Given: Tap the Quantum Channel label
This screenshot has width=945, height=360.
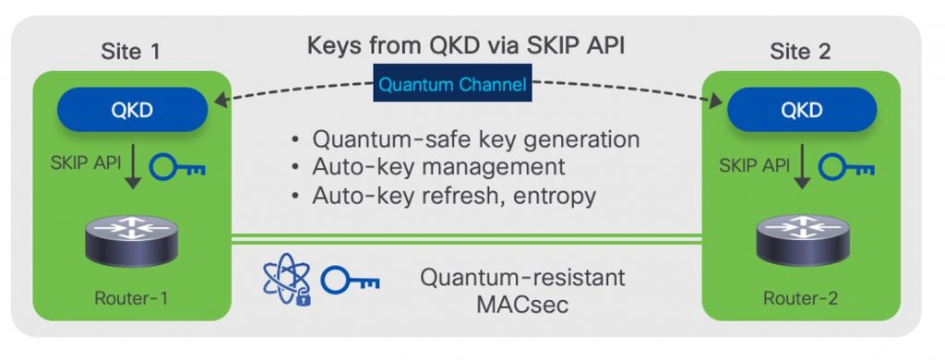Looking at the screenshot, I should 453,86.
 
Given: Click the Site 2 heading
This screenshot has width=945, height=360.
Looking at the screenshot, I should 800,52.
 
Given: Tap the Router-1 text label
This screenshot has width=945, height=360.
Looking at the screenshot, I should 130,297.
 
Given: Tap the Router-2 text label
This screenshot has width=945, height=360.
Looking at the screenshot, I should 799,297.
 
